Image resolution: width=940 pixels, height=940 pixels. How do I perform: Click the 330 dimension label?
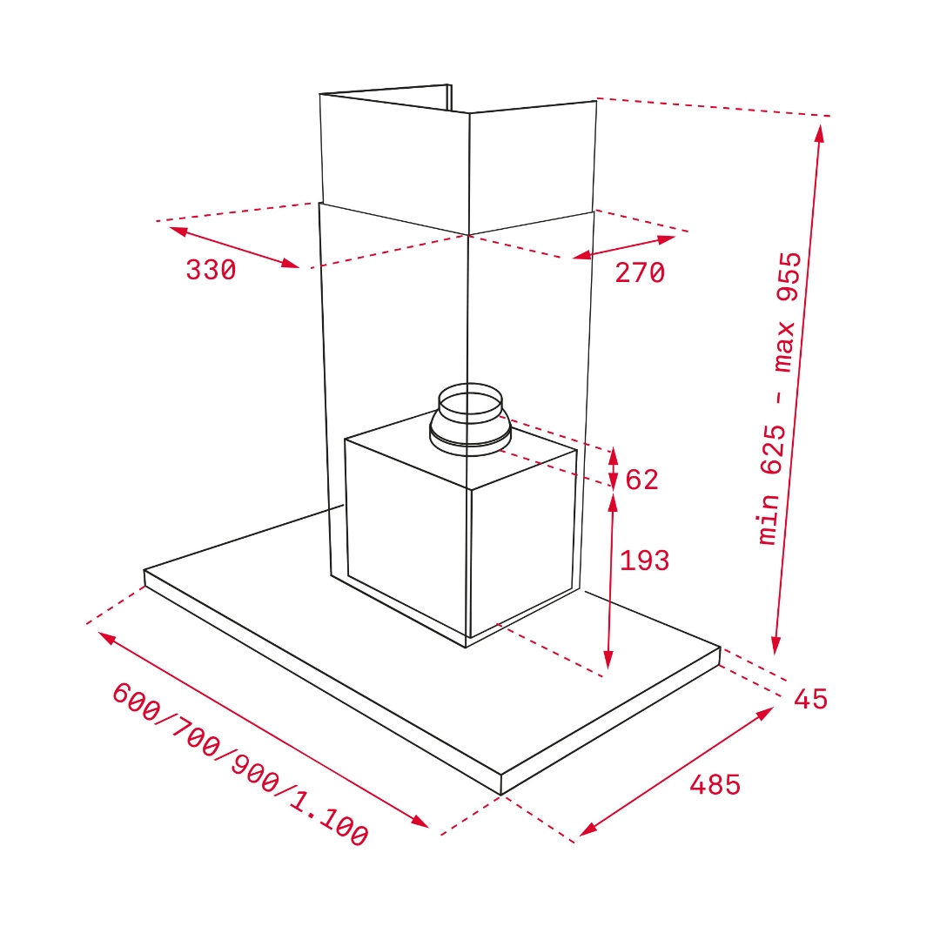(x=211, y=270)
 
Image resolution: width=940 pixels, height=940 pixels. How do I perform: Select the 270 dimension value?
(x=640, y=272)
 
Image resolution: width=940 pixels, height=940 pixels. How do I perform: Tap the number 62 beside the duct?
(x=641, y=480)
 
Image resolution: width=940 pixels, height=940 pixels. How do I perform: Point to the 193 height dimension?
(x=644, y=561)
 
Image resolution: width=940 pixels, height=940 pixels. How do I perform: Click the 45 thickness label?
(x=810, y=699)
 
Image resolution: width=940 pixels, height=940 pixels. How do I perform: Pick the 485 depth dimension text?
(x=715, y=784)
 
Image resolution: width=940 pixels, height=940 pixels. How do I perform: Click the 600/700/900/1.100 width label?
(x=240, y=765)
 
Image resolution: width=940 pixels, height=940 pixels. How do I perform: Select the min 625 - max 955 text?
(x=779, y=399)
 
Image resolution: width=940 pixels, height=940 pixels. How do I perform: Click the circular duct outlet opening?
(x=470, y=403)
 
